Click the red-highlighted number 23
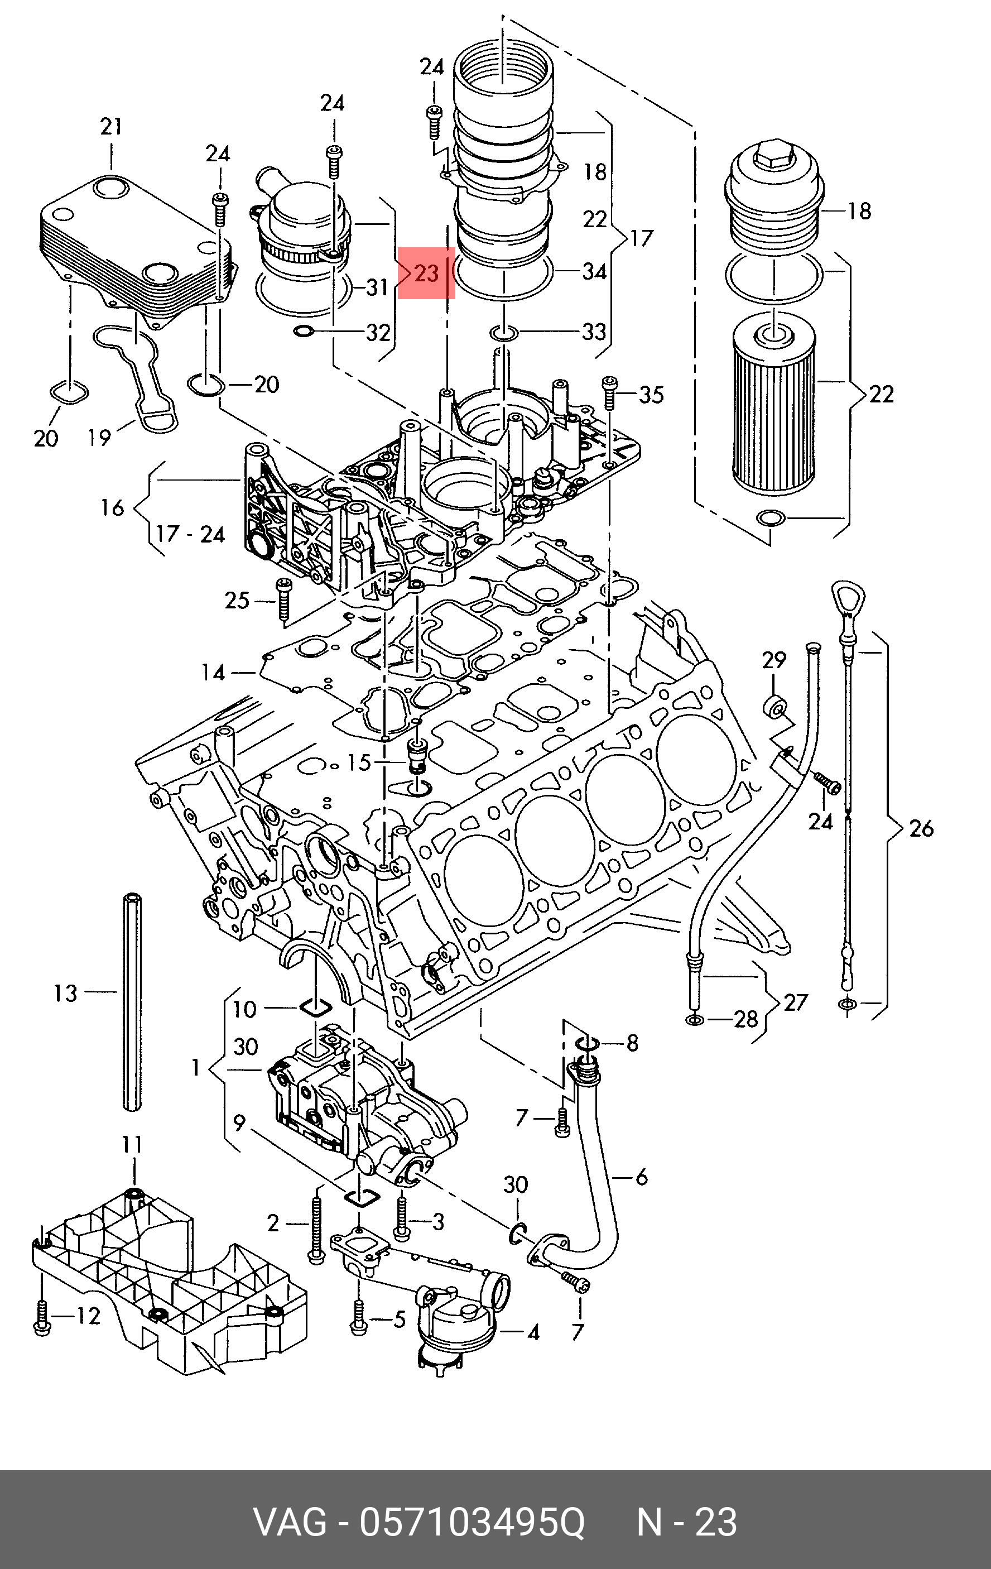coord(426,272)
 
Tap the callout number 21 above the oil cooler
coord(112,126)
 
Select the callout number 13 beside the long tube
coord(65,993)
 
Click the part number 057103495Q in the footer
coord(473,1522)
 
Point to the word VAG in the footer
coord(290,1522)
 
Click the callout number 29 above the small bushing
coord(774,660)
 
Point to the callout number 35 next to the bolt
coord(651,394)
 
